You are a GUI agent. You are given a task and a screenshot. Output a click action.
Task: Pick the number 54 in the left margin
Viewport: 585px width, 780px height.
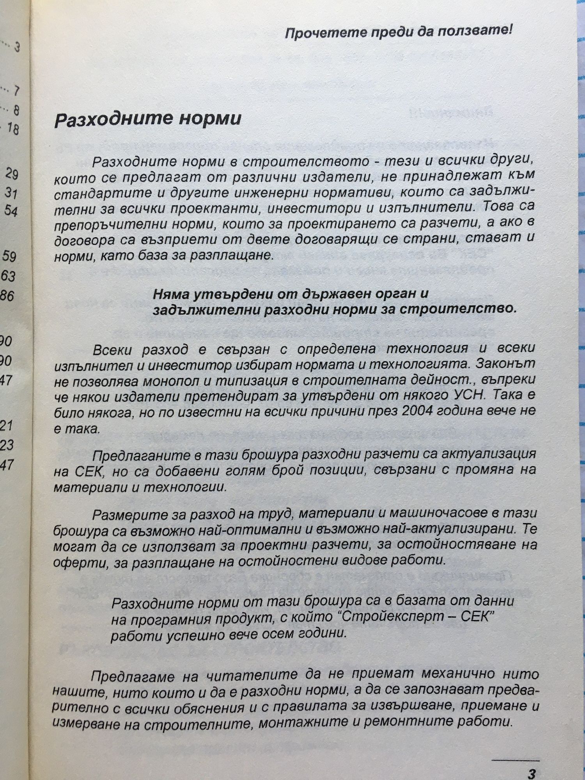11,211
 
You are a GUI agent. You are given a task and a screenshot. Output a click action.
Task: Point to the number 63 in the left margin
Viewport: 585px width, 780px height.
8,276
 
